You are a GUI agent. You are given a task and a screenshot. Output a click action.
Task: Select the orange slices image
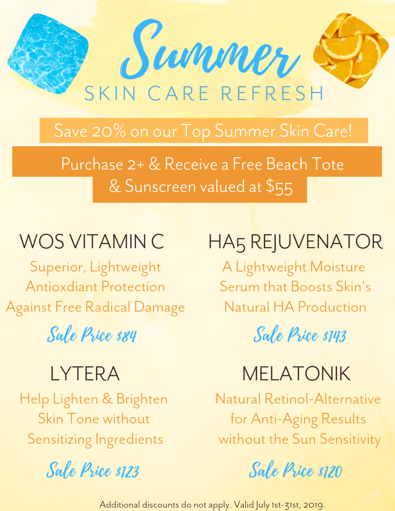351,51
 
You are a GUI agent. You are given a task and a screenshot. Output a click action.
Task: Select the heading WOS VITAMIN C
92,241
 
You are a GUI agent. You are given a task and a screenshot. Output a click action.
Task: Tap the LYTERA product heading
85,374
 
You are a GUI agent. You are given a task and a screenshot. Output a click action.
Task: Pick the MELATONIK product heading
296,374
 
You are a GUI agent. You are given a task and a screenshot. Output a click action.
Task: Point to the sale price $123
127,471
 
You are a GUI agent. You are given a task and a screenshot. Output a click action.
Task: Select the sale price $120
330,471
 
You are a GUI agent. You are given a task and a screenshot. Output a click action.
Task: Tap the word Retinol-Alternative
322,399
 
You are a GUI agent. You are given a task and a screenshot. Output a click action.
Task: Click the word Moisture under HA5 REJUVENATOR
337,267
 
